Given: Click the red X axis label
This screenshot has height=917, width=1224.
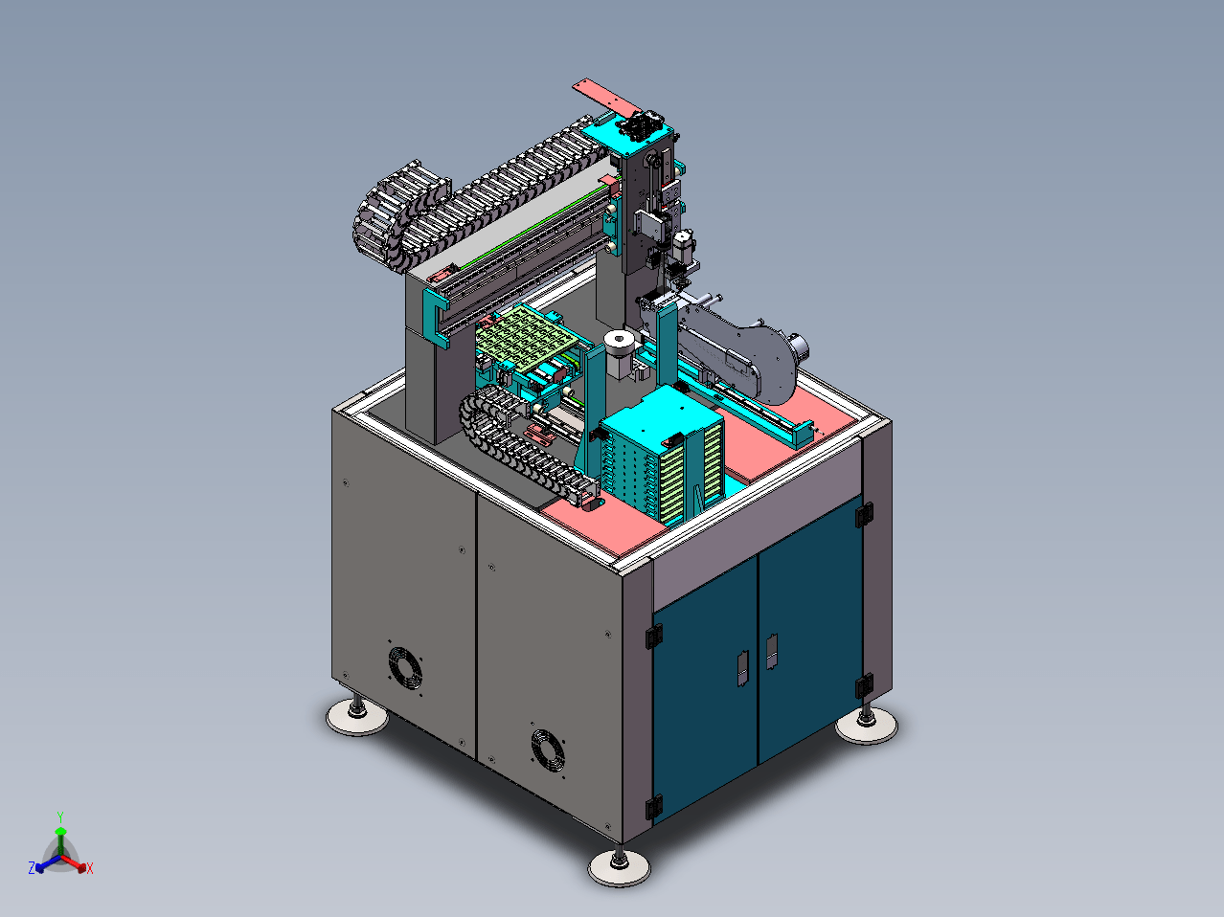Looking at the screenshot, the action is (90, 868).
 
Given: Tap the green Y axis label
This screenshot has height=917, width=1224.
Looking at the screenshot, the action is (60, 817).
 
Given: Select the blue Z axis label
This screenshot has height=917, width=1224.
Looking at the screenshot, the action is (32, 867).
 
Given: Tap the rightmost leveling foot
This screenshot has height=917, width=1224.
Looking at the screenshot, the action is (866, 725).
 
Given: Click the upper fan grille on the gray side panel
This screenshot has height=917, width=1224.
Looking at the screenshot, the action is (405, 668).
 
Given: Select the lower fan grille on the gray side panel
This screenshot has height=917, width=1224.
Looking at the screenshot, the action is (548, 750).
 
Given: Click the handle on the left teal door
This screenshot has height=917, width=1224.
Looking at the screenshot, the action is (743, 668).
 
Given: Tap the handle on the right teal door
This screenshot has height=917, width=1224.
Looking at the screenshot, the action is (772, 651).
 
